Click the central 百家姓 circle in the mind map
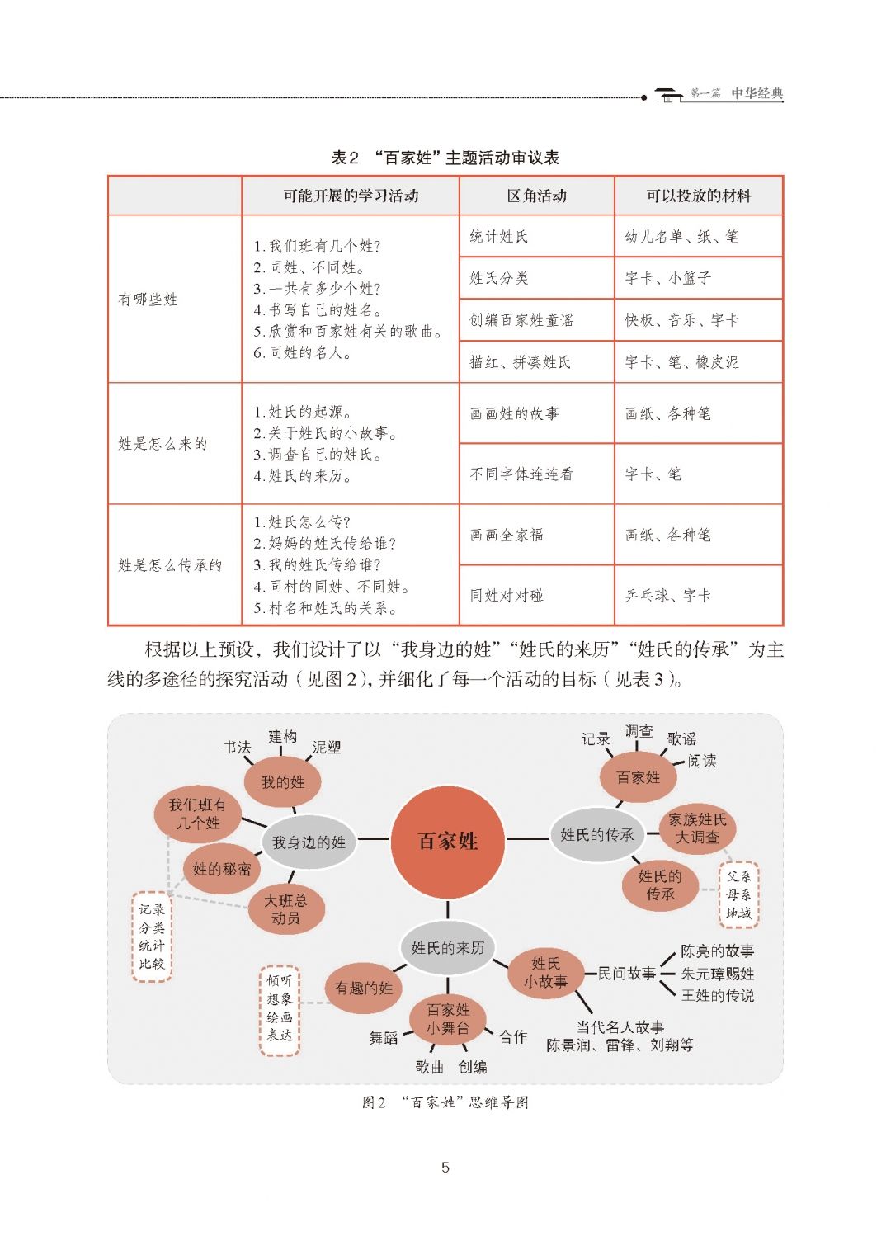pos(448,841)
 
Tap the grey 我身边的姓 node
pos(309,842)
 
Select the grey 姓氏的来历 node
pos(447,947)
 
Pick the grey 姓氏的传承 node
pos(597,834)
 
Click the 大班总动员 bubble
pos(285,909)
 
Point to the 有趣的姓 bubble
pos(364,988)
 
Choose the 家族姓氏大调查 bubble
pos(698,828)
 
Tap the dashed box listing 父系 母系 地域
pos(738,894)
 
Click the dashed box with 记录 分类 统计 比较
pos(152,937)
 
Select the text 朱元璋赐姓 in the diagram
pos(717,974)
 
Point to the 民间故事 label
pos(626,974)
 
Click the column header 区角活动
pos(536,196)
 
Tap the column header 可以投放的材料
pos(698,196)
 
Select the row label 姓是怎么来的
pos(163,444)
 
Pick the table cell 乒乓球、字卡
pos(667,595)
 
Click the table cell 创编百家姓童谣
pos(521,320)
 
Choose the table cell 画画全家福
pos(507,535)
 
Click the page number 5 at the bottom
pos(445,1167)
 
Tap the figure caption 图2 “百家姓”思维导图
pos(445,1102)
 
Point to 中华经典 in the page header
pos(757,94)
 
